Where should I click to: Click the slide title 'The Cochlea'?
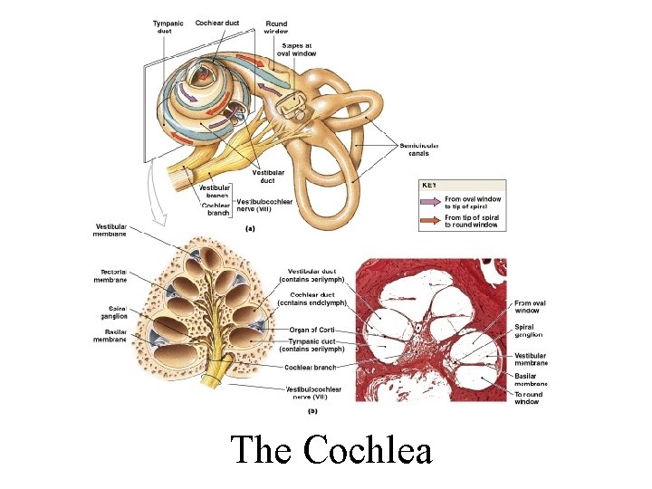coord(331,449)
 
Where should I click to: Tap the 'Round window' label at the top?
coord(277,26)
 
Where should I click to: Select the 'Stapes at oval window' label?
coord(296,49)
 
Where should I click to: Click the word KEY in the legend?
coord(431,185)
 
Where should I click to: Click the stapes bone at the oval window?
coord(292,108)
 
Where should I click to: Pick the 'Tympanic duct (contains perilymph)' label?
coord(313,344)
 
